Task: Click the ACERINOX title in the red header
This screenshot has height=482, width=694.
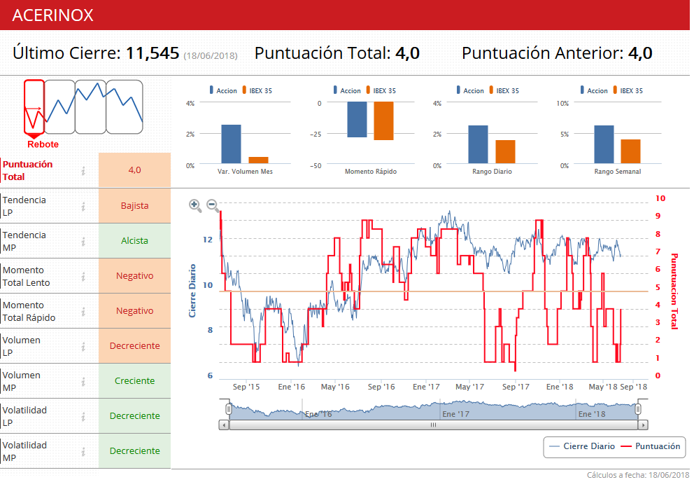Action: [52, 15]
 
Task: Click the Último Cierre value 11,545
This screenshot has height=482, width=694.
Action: [153, 53]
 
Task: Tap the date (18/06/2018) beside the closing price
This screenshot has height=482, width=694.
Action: [210, 55]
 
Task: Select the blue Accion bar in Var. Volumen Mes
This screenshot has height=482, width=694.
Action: [231, 144]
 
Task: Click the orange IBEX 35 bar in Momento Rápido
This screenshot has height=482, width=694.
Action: [383, 120]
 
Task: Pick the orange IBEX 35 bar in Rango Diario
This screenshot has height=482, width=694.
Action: [505, 151]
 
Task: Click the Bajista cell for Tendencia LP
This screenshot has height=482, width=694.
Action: [134, 206]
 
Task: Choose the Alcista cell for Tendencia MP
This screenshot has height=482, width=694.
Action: [134, 241]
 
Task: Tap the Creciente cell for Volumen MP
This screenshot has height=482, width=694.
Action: [134, 381]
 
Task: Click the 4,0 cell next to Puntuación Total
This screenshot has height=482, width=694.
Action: [134, 170]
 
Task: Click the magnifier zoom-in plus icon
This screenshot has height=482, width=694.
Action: [195, 205]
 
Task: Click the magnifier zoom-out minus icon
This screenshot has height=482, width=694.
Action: [213, 205]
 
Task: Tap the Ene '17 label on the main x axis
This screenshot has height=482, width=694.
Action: [426, 386]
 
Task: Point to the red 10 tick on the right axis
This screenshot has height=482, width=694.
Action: [660, 199]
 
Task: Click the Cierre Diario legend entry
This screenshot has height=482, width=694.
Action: [582, 446]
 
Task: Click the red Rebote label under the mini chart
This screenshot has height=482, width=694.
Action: [43, 144]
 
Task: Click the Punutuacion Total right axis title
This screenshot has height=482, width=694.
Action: [675, 291]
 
